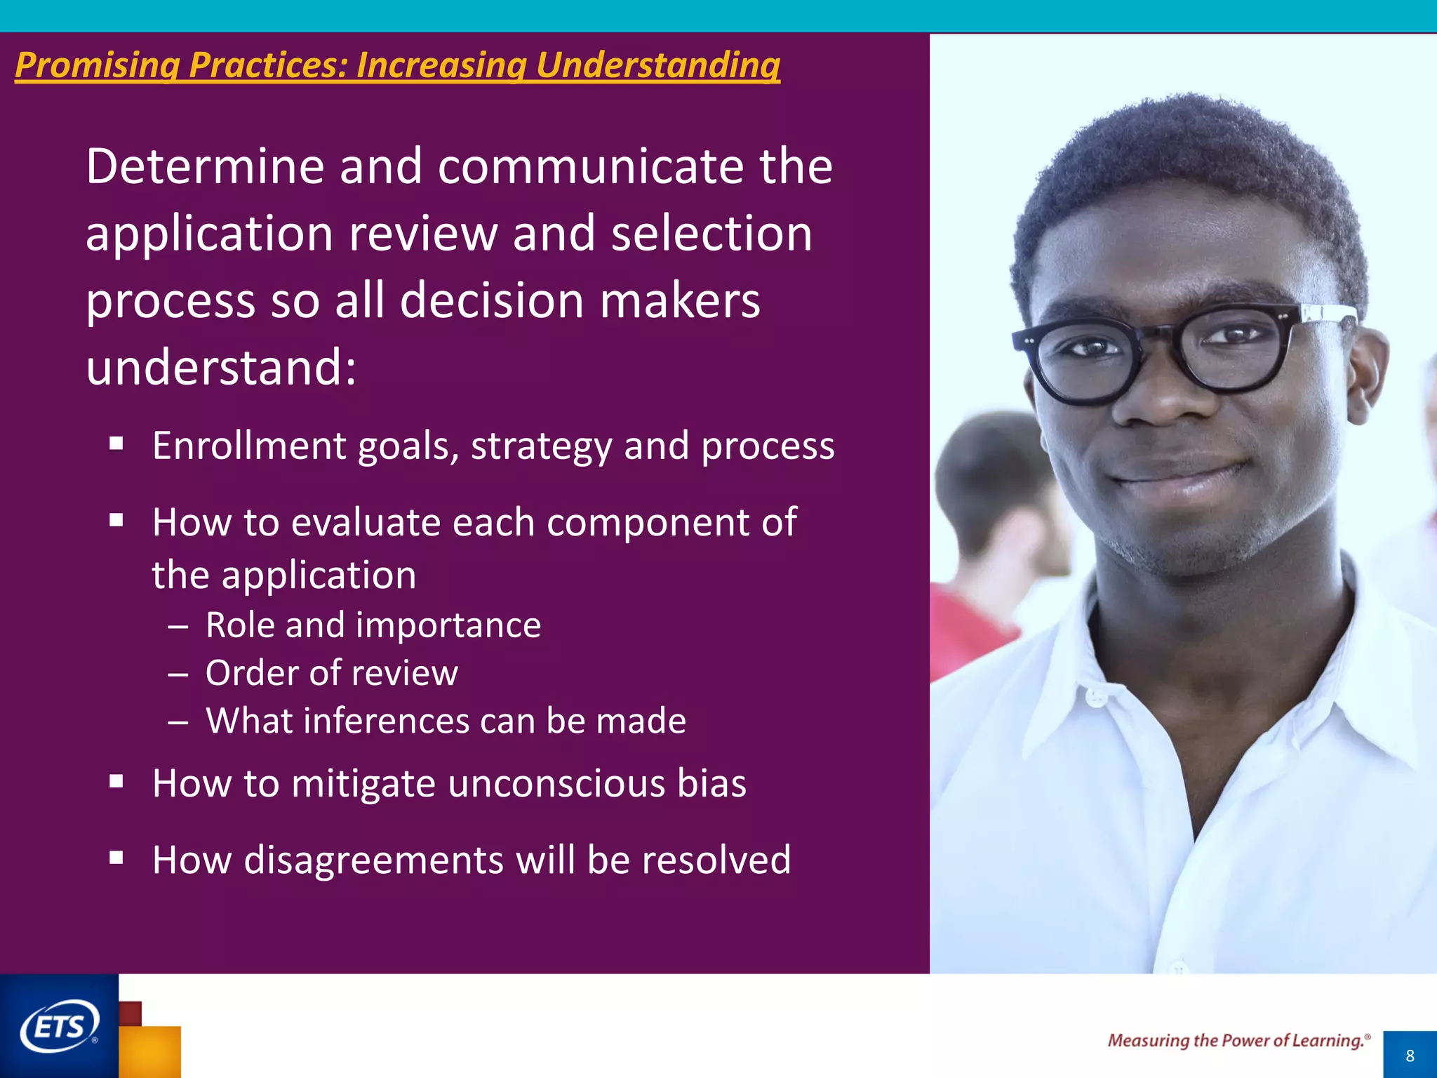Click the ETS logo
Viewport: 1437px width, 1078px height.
click(60, 1027)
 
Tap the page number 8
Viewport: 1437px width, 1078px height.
click(1410, 1056)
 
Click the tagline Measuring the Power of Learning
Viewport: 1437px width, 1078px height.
click(1238, 1041)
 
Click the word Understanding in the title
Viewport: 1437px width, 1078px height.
click(657, 65)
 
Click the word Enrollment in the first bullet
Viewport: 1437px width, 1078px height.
click(249, 446)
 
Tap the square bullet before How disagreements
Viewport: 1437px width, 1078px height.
click(116, 857)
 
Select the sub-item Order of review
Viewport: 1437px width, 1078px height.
click(331, 673)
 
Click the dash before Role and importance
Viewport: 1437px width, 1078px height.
click(178, 626)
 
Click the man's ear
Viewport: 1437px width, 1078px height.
click(1368, 372)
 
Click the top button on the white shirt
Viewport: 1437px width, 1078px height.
click(1096, 697)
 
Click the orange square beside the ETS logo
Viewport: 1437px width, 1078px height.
click(151, 1051)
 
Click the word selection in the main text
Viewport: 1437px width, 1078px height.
click(711, 234)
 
